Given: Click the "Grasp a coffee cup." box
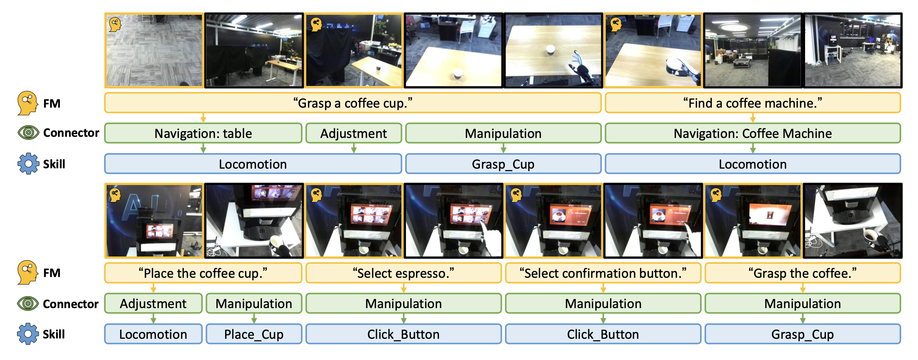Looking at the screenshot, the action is pos(353,103).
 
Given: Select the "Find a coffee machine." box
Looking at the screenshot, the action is pos(753,103).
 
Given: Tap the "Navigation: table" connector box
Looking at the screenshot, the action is pos(203,133).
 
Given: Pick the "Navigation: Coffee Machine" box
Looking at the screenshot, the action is pos(753,133).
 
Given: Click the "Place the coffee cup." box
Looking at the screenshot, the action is pos(203,273).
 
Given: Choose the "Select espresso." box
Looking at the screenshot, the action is pos(404,273).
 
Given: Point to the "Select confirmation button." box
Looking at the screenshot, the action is pos(603,273).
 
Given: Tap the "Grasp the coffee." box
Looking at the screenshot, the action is pos(803,273).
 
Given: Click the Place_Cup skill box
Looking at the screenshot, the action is pos(254,334).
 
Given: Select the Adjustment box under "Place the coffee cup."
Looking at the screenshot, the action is pos(153,304).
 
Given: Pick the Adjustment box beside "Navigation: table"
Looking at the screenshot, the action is pos(354,133).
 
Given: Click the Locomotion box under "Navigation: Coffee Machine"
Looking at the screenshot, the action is pos(753,164).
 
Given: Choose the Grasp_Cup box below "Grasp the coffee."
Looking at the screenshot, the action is pos(803,334).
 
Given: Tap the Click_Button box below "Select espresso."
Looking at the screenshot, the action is pos(404,334).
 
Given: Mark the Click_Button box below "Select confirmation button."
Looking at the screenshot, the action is pos(603,334).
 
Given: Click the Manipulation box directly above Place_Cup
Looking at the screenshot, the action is pos(254,304).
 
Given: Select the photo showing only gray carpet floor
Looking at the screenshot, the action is pos(154,50).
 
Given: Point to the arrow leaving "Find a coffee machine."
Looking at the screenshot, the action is pos(753,118).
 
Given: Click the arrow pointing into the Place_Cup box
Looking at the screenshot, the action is pos(254,319).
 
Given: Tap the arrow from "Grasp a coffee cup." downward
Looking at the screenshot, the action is pos(203,118).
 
